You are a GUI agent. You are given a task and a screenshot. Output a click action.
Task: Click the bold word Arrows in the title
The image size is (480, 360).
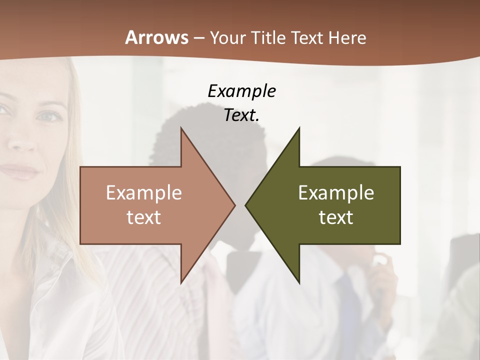157,37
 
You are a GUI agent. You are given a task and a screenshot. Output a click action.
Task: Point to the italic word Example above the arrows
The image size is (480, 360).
241,91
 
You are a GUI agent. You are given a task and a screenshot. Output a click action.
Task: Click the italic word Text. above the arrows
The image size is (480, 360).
241,115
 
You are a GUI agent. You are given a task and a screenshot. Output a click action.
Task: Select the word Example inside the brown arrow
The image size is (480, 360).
144,193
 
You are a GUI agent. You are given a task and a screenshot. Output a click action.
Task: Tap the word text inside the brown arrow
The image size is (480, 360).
144,217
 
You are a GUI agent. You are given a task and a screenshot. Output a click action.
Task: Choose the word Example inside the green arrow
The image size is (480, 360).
336,193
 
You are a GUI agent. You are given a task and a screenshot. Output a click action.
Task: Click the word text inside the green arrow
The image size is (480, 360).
336,217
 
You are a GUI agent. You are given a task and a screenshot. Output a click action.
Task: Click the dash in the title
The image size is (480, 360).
198,38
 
